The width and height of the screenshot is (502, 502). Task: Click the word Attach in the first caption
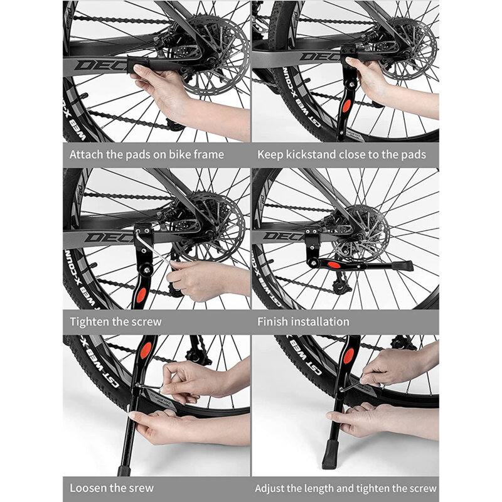coord(87,154)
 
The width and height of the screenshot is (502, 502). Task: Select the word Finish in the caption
coord(274,321)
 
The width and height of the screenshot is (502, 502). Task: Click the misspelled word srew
coord(138,488)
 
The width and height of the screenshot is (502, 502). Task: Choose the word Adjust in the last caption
coord(272,488)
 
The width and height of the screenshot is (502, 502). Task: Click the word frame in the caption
coord(208,154)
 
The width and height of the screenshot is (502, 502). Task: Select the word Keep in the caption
coord(270,154)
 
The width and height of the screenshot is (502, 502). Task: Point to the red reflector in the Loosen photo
coord(146,351)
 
